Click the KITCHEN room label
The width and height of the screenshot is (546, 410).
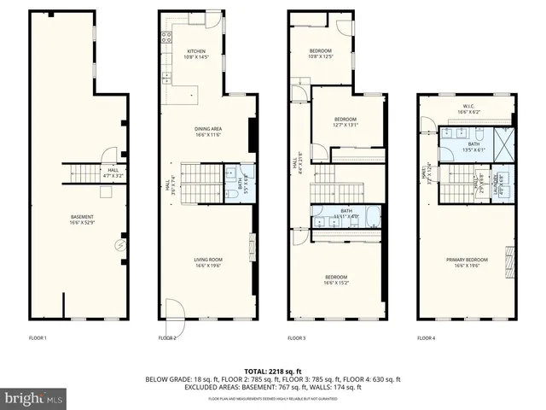coord(196,54)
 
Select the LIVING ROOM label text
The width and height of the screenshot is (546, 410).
coord(208,262)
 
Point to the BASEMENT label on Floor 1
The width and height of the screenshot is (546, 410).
coord(82,220)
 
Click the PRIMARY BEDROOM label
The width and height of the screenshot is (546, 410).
coord(466,262)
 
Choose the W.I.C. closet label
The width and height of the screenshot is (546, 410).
coord(466,107)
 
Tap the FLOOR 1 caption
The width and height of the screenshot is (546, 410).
coord(38,339)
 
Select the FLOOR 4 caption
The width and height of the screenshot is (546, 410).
coord(426,339)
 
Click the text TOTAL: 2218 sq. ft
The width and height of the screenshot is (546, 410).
coord(273,370)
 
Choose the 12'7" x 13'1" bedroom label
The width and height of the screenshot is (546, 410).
coord(345,121)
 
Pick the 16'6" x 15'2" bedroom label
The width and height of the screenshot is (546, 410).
coord(338,280)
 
